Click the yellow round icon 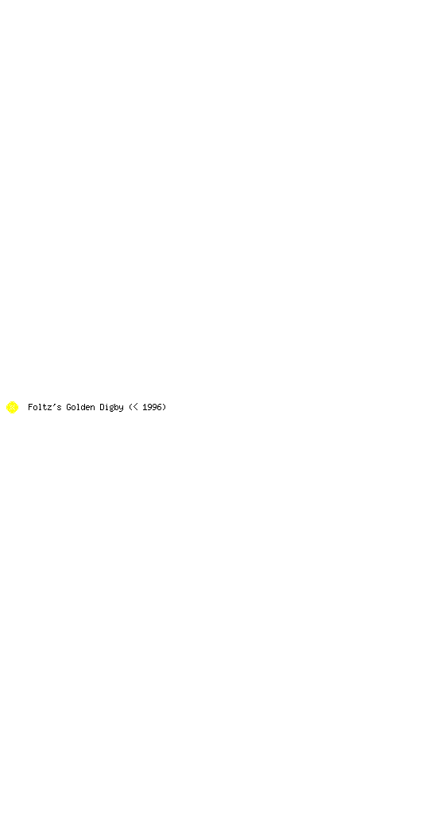point(12,408)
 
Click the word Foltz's point(44,407)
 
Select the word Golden point(80,407)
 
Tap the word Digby point(111,408)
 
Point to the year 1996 point(152,407)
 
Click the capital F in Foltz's point(30,407)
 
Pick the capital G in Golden point(68,407)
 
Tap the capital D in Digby point(103,407)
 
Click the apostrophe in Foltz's point(55,405)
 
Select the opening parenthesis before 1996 point(130,408)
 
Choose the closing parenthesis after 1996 point(164,408)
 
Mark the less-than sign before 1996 point(135,408)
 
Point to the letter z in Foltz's point(50,408)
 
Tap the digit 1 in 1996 point(145,407)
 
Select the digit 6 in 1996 point(159,407)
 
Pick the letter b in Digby point(117,407)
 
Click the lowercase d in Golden point(83,407)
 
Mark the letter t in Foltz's point(45,407)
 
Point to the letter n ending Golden point(92,408)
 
